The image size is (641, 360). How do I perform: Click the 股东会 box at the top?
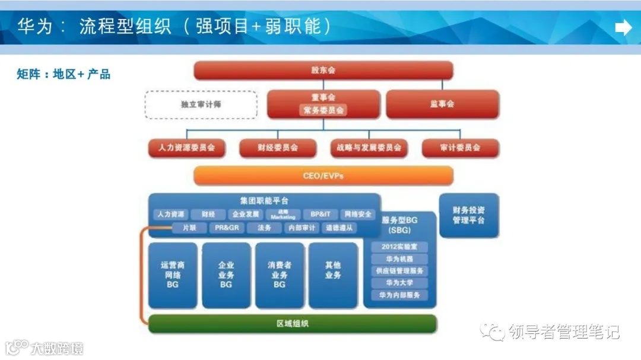[323, 70]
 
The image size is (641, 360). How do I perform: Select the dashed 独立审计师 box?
[201, 104]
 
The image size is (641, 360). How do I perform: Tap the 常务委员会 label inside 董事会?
[323, 110]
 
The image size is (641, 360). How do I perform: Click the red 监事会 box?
[442, 104]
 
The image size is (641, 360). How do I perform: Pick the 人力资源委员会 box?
[186, 148]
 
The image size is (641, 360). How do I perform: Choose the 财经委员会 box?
[277, 148]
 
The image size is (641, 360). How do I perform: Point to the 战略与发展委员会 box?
[369, 148]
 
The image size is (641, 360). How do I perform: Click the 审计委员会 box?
[460, 148]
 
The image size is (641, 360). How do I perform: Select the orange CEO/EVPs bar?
[323, 176]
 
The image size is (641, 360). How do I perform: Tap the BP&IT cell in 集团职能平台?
[320, 214]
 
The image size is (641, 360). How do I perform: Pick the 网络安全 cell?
[358, 214]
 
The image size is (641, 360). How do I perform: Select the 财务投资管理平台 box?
[468, 215]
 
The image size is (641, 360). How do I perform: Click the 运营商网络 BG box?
[173, 275]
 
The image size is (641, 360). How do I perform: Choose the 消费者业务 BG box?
[279, 275]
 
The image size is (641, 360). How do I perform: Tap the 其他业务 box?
[333, 270]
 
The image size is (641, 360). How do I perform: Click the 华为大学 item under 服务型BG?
[399, 283]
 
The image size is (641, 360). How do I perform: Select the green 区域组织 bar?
[292, 324]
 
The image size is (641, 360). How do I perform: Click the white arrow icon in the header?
[623, 27]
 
